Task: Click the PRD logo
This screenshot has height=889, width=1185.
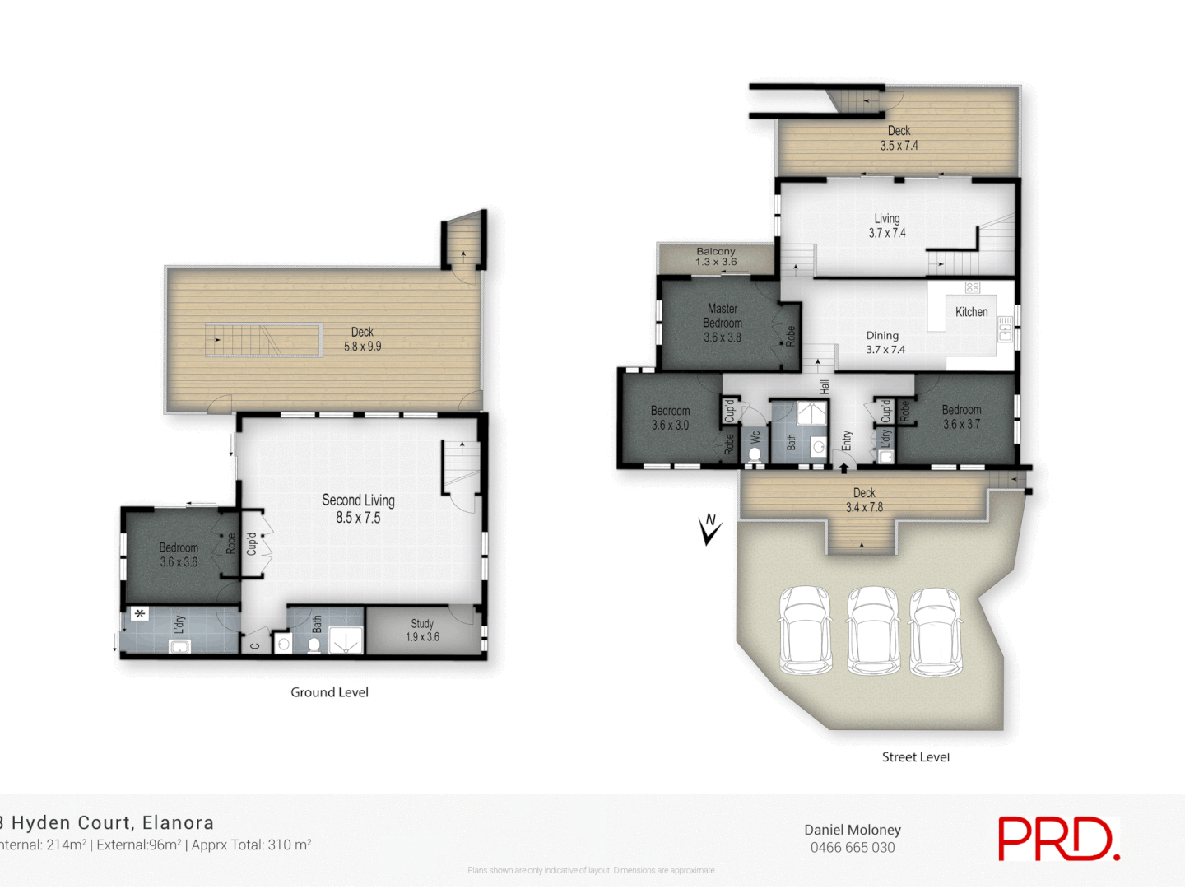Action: [x=1058, y=839]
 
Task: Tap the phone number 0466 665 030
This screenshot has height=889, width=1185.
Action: [x=853, y=848]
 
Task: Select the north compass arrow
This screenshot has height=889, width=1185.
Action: [x=709, y=528]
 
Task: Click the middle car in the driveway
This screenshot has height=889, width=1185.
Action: [x=873, y=631]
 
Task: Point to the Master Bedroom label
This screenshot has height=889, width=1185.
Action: [x=723, y=323]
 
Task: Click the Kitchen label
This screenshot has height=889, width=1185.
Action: [x=971, y=312]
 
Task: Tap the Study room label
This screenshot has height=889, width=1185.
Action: [x=422, y=630]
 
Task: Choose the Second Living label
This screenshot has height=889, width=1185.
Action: [x=358, y=509]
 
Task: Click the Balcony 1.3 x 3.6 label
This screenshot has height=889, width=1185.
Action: [x=716, y=257]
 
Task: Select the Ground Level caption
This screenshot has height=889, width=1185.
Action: [x=329, y=692]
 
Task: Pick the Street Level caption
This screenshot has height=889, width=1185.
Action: [x=915, y=757]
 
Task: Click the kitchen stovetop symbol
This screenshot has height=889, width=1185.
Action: [x=973, y=287]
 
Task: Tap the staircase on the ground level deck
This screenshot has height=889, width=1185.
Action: [x=263, y=340]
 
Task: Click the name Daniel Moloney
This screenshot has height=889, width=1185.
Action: [x=853, y=830]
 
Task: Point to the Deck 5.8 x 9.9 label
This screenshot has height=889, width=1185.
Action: [x=362, y=339]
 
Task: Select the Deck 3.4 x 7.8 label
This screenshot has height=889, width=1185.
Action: [x=864, y=500]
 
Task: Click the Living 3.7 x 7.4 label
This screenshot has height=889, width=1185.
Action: [x=887, y=226]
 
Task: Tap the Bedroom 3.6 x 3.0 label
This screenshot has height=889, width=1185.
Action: [x=670, y=418]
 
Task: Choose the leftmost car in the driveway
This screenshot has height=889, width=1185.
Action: [x=805, y=631]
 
